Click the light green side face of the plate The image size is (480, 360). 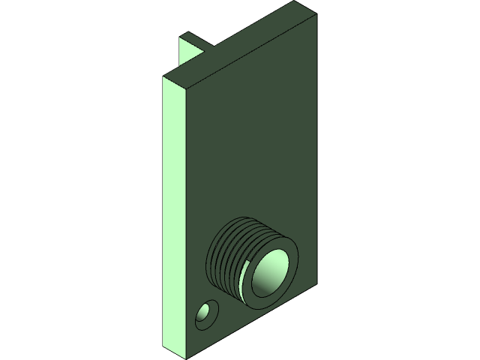tap(174, 217)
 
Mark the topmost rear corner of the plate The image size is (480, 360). tap(293, 1)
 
